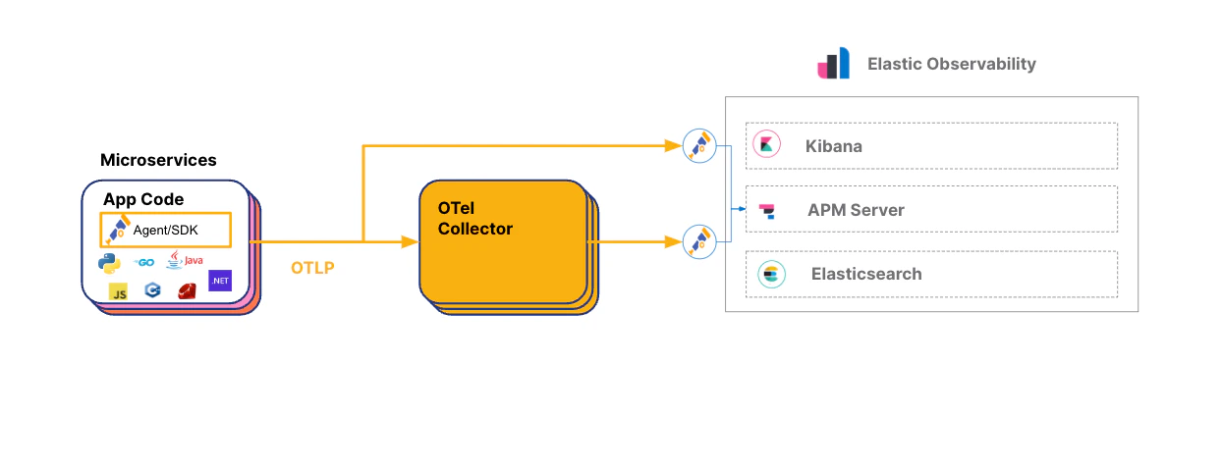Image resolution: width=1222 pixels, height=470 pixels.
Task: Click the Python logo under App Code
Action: pyautogui.click(x=109, y=262)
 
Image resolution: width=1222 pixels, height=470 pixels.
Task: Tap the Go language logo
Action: pyautogui.click(x=145, y=262)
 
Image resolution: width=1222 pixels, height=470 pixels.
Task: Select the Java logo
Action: pyautogui.click(x=184, y=260)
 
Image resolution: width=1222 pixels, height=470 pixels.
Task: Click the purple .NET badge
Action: pyautogui.click(x=220, y=281)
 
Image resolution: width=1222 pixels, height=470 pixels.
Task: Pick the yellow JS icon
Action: pyautogui.click(x=119, y=290)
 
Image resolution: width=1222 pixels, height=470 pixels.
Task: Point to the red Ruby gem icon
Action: pyautogui.click(x=188, y=290)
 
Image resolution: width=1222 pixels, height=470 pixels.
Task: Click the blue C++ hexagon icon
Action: pyautogui.click(x=152, y=290)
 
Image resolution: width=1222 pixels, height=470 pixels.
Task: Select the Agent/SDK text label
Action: pyautogui.click(x=166, y=231)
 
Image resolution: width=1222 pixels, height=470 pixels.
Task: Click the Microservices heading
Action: pyautogui.click(x=158, y=160)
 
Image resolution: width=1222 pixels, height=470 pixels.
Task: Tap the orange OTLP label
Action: pyautogui.click(x=312, y=267)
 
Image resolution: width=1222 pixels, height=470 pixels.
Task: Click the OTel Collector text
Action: pyautogui.click(x=475, y=218)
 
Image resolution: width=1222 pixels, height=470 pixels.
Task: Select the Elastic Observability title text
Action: pyautogui.click(x=951, y=64)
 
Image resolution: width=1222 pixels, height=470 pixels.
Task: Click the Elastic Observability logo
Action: pyautogui.click(x=833, y=64)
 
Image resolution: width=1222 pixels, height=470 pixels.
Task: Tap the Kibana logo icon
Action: pyautogui.click(x=766, y=145)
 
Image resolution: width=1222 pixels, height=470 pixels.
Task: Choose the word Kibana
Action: pyautogui.click(x=833, y=146)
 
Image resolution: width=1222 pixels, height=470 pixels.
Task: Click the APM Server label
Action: pyautogui.click(x=856, y=210)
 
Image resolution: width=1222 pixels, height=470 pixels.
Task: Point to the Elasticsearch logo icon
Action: pyautogui.click(x=771, y=274)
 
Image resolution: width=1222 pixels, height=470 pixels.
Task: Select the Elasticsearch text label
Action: pyautogui.click(x=866, y=274)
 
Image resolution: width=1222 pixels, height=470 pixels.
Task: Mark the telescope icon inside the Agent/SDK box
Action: pyautogui.click(x=118, y=230)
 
